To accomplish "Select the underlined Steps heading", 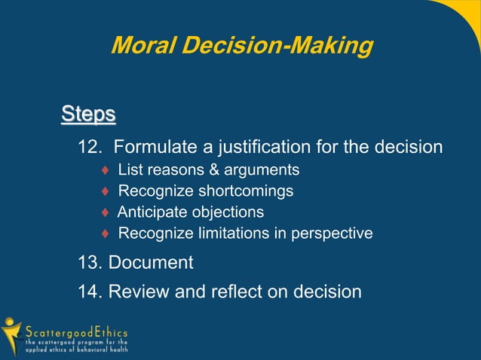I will click(88, 115).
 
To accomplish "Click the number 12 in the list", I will click(89, 146).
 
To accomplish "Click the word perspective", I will click(330, 233).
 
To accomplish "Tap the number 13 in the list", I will click(90, 263).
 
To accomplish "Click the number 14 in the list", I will click(90, 291).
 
